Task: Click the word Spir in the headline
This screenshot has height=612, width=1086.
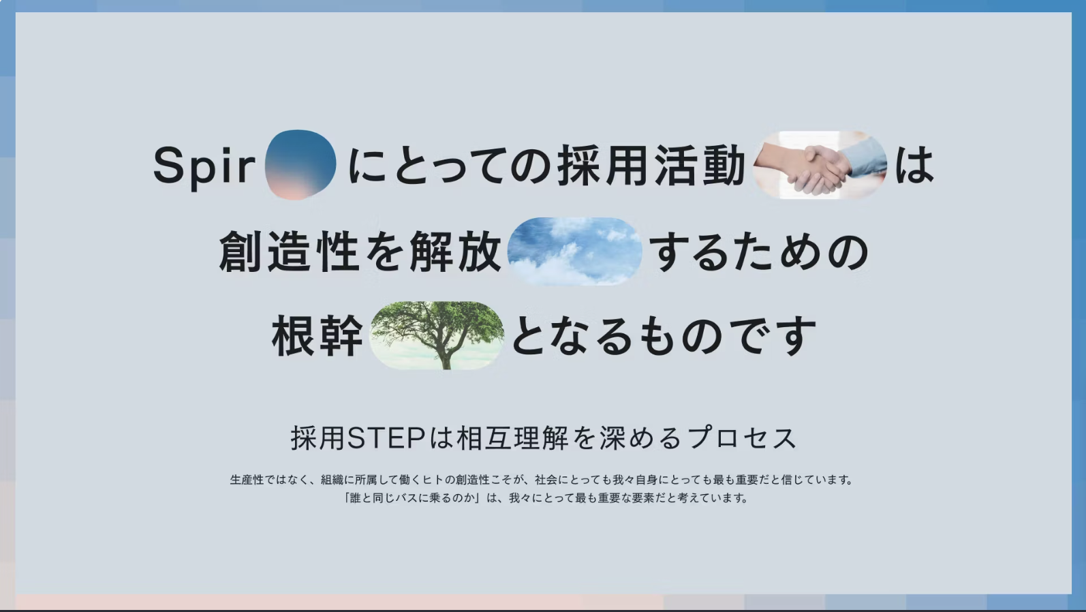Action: click(x=204, y=167)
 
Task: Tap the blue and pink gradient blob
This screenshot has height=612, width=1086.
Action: click(x=300, y=164)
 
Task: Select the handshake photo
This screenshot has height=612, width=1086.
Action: click(x=820, y=165)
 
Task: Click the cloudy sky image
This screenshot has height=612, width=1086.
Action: click(x=574, y=251)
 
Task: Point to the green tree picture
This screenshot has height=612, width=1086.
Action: click(x=437, y=335)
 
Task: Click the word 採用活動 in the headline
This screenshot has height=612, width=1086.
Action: click(x=651, y=166)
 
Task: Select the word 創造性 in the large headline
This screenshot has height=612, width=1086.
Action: click(x=288, y=251)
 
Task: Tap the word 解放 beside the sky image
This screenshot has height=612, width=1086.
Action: click(x=454, y=251)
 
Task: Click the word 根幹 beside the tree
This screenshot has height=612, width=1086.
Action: click(x=317, y=335)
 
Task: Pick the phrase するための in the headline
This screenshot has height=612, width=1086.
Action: click(x=759, y=252)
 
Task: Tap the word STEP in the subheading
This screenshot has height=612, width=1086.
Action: click(x=386, y=438)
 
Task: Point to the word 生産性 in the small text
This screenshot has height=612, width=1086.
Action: click(x=246, y=480)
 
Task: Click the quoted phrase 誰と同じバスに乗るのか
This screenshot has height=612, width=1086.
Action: click(x=411, y=498)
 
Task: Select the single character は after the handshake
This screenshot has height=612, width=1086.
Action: click(x=914, y=166)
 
